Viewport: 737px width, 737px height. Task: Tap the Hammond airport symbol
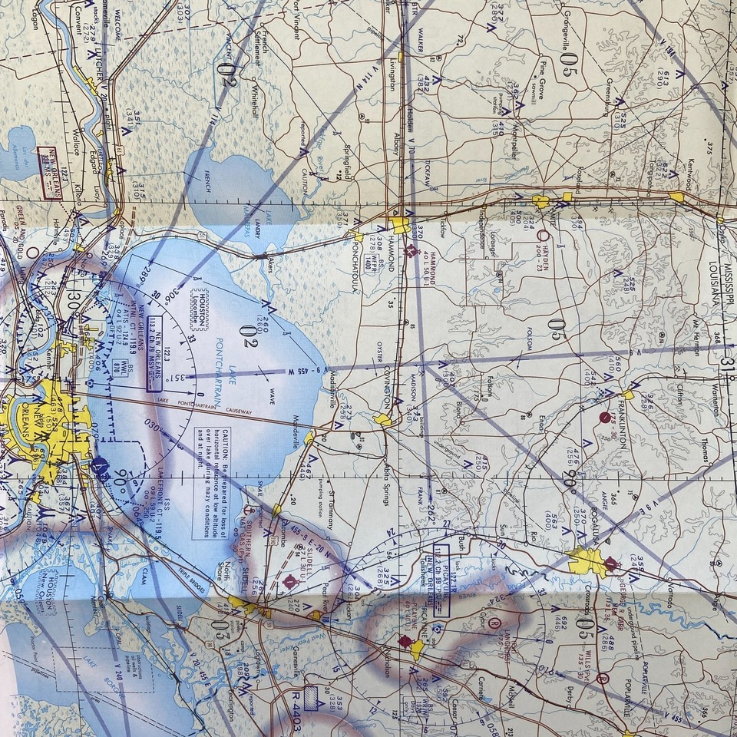412,250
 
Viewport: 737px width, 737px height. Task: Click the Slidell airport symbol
290,582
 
